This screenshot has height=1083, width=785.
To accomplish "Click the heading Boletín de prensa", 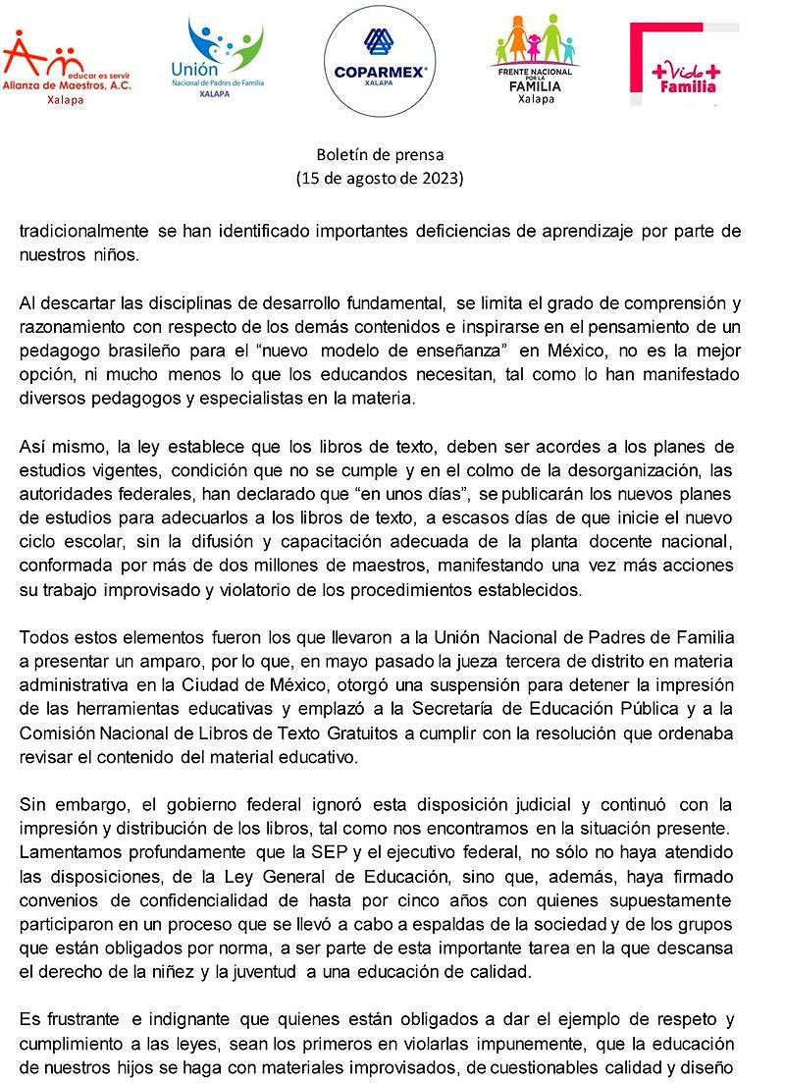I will tap(380, 154).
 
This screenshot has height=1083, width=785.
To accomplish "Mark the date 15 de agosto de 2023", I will tap(380, 179).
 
